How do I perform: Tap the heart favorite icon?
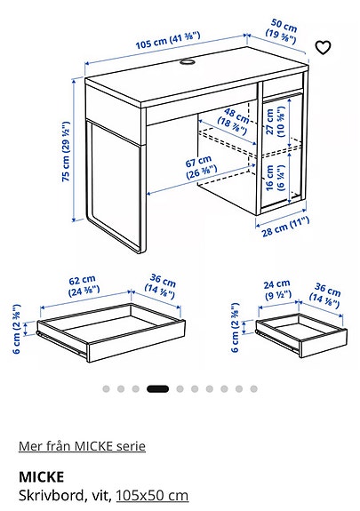(x=324, y=47)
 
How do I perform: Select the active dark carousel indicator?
(x=157, y=388)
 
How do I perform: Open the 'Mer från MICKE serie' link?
(x=82, y=446)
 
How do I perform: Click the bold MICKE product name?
(x=37, y=477)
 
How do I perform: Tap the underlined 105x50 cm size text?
(x=152, y=494)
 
